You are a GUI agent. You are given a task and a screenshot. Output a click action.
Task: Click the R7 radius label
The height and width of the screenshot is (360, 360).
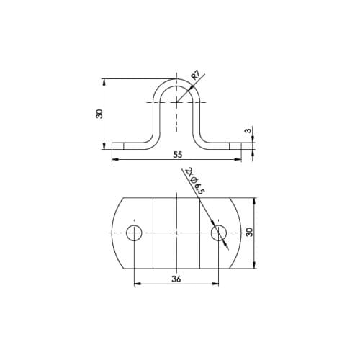point(195,76)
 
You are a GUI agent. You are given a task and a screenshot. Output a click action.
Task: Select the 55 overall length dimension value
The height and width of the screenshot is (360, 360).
point(177,155)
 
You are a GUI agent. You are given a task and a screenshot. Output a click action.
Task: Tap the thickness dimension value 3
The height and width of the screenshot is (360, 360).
point(247,131)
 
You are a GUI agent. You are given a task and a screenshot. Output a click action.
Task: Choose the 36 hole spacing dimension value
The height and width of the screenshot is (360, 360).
point(176,279)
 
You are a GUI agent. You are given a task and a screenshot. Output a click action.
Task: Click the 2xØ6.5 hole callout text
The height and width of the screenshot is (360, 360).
point(195,181)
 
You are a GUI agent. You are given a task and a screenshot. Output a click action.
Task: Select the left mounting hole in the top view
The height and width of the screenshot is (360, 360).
point(134,233)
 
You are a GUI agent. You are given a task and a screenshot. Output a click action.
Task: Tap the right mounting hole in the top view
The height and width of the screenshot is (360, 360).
point(218,233)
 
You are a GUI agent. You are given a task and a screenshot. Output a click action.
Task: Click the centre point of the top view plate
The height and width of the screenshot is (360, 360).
point(176,233)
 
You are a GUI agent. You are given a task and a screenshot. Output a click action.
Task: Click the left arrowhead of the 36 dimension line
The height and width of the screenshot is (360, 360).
point(136,284)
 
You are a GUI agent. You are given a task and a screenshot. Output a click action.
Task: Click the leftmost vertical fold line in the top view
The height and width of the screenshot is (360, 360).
point(153,233)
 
